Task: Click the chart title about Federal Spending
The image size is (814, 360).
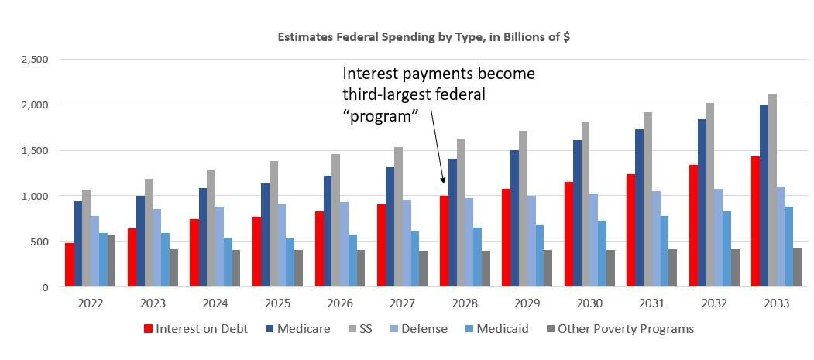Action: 424,37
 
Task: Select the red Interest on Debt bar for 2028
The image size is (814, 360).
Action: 444,241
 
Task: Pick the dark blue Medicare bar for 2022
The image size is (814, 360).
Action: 78,244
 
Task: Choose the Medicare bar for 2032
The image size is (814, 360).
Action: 702,203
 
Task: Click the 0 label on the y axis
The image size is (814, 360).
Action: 45,287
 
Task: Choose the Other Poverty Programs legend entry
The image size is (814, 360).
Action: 620,328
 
